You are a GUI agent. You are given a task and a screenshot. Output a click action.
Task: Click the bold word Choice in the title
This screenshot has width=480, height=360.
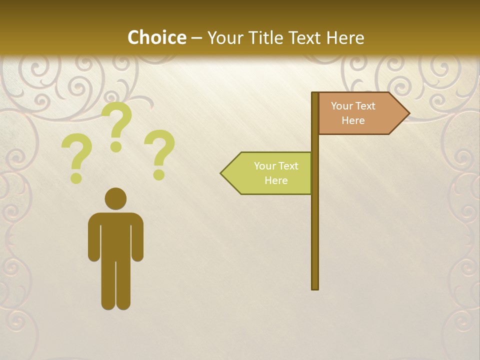pyautogui.click(x=156, y=37)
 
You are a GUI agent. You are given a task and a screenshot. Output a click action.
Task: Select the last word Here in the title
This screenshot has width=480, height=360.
pyautogui.click(x=345, y=37)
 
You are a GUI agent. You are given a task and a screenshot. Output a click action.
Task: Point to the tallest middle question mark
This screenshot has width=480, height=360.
pyautogui.click(x=116, y=125)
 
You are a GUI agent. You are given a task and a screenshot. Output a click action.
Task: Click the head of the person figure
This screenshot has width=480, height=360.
pyautogui.click(x=115, y=199)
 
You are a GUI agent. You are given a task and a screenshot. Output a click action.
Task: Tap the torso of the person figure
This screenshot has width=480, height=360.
pyautogui.click(x=115, y=235)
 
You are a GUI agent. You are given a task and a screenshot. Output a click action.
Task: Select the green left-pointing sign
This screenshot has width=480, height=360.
pyautogui.click(x=270, y=173)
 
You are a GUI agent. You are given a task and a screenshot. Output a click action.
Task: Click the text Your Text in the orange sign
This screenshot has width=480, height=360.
pyautogui.click(x=353, y=106)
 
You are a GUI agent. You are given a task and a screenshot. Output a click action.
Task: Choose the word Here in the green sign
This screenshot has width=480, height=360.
pyautogui.click(x=276, y=180)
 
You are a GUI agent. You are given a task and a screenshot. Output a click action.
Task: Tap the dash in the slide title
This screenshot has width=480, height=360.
pyautogui.click(x=196, y=38)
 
